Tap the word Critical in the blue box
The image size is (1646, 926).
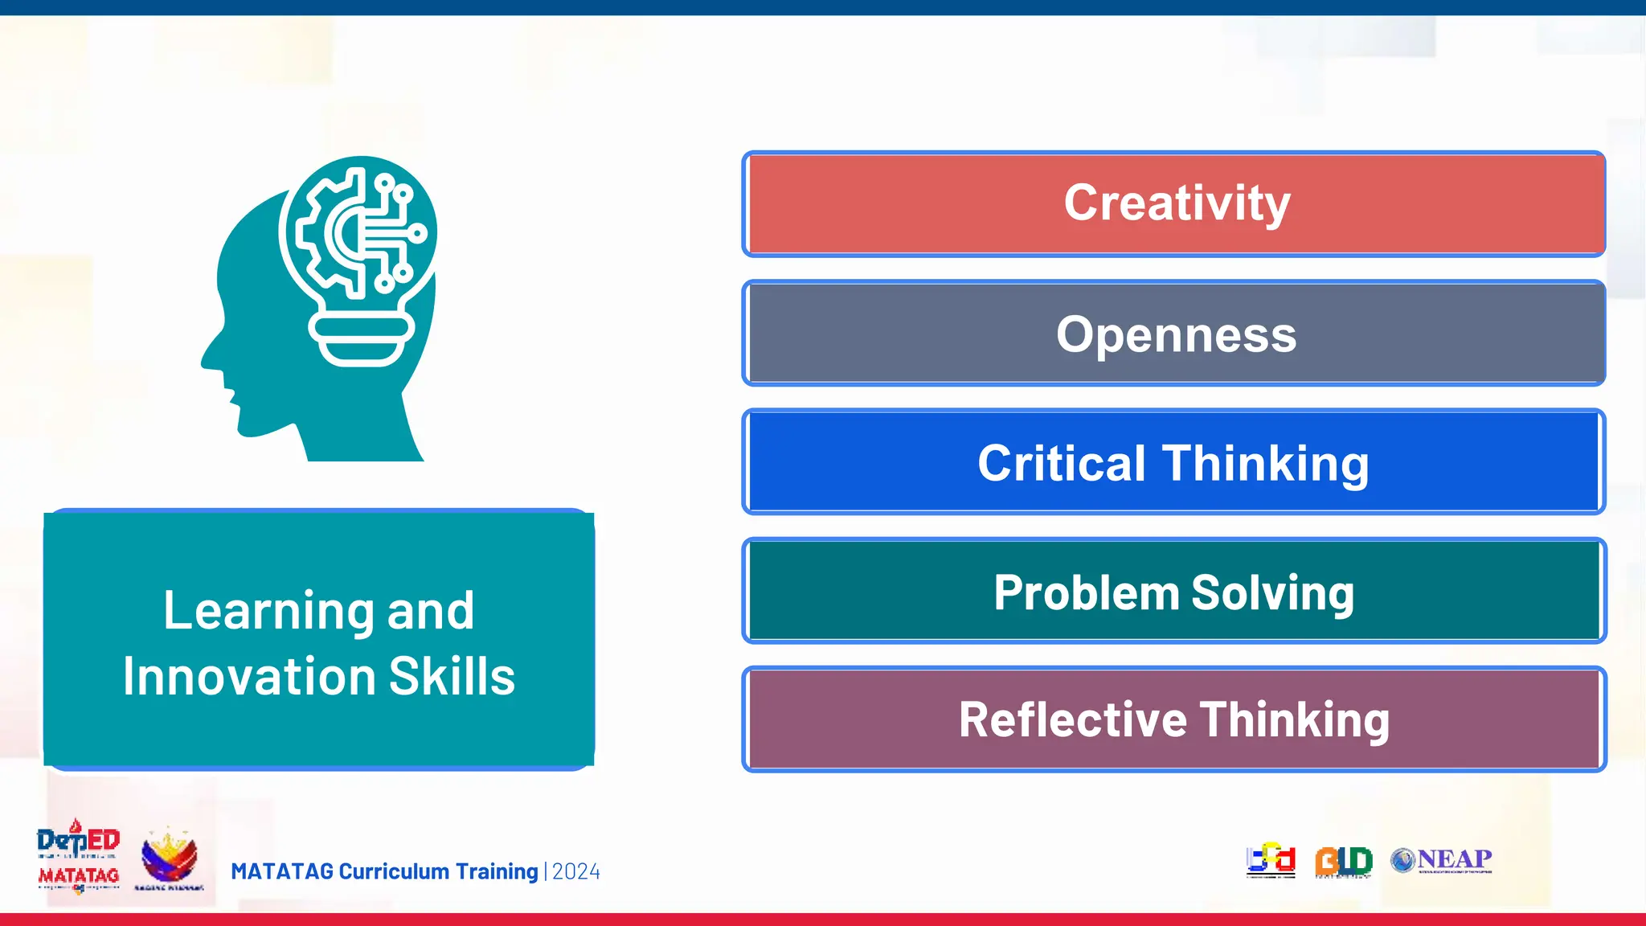pos(1061,464)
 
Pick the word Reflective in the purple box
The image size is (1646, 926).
pos(1072,719)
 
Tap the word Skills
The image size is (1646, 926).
pos(452,677)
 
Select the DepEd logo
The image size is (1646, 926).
pos(78,841)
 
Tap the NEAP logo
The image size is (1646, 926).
pos(1442,860)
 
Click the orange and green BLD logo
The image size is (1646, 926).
pos(1343,861)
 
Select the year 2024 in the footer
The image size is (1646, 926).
pos(576,872)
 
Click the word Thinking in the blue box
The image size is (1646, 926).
pos(1265,464)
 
